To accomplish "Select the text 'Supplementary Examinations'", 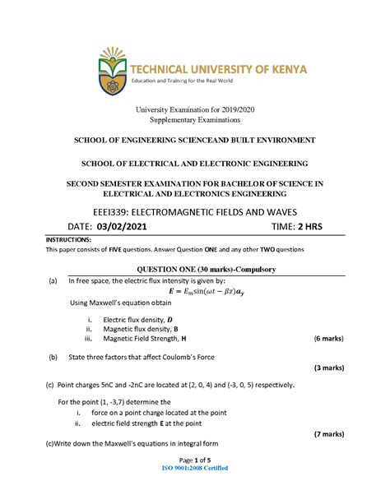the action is coord(194,120).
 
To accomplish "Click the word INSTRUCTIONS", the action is coord(69,239).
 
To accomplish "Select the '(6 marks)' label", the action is coord(328,338).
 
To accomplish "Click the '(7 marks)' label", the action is coord(328,432).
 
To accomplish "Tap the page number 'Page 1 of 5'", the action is coord(194,460).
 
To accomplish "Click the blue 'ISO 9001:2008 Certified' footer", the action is coord(194,468).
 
